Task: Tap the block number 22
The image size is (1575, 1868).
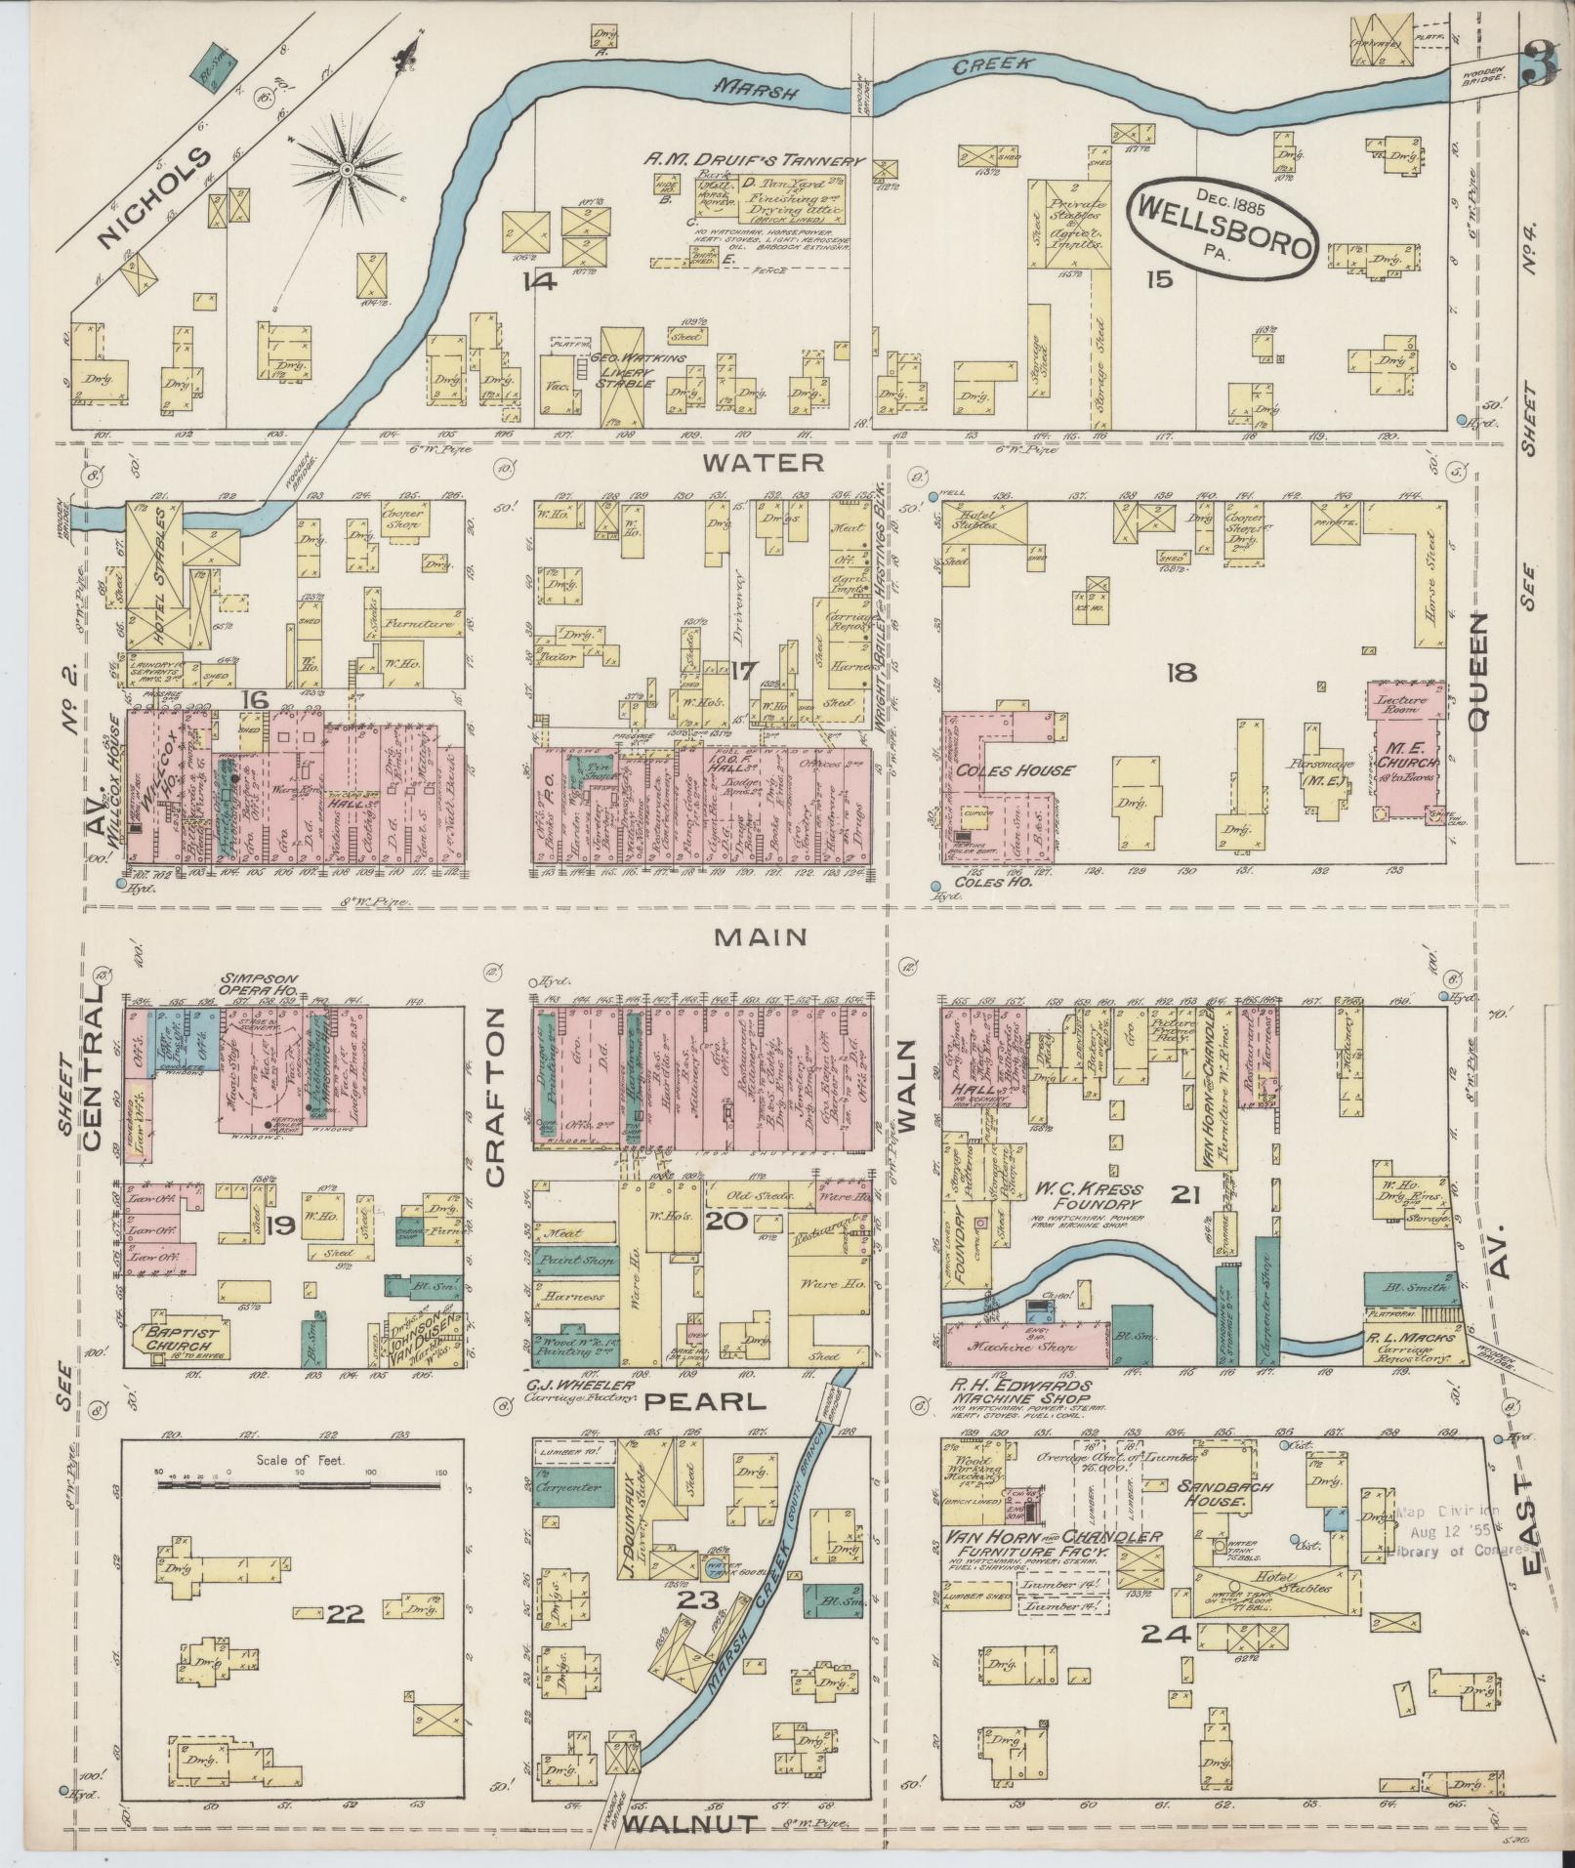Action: tap(346, 1614)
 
